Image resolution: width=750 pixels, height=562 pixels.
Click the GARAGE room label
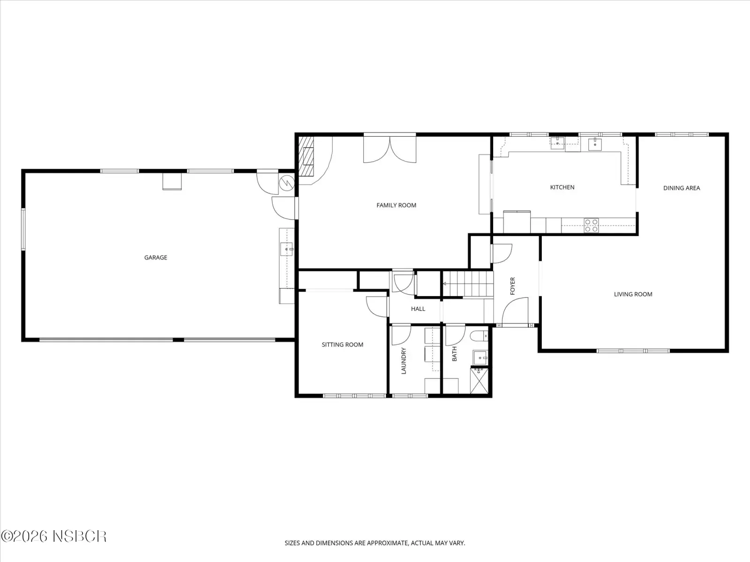pyautogui.click(x=156, y=258)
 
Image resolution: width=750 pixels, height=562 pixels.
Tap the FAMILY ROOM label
pyautogui.click(x=397, y=206)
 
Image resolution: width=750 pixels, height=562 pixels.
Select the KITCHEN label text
pyautogui.click(x=562, y=187)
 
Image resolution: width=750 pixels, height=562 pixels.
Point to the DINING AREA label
pyautogui.click(x=681, y=188)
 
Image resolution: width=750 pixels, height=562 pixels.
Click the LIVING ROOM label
pyautogui.click(x=633, y=294)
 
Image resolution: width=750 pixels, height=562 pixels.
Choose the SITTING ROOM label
pyautogui.click(x=342, y=345)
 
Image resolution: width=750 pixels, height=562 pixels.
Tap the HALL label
pyautogui.click(x=418, y=309)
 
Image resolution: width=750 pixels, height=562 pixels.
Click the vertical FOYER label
pyautogui.click(x=512, y=286)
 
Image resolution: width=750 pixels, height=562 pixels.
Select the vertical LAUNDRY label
pyautogui.click(x=404, y=361)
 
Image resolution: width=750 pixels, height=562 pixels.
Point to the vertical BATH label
pyautogui.click(x=454, y=354)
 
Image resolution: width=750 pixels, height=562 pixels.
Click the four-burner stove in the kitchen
pyautogui.click(x=591, y=226)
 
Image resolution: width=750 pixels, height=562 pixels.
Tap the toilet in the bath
pyautogui.click(x=479, y=336)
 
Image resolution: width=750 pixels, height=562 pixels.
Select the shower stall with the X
pyautogui.click(x=480, y=380)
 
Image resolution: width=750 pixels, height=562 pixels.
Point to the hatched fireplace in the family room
pyautogui.click(x=306, y=156)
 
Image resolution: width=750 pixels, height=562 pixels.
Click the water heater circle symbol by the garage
pyautogui.click(x=286, y=183)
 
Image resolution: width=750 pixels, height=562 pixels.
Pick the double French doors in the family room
pyautogui.click(x=390, y=149)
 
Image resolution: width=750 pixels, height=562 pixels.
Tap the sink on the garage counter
pyautogui.click(x=286, y=249)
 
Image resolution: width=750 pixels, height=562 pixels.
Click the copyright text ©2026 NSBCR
pyautogui.click(x=53, y=536)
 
